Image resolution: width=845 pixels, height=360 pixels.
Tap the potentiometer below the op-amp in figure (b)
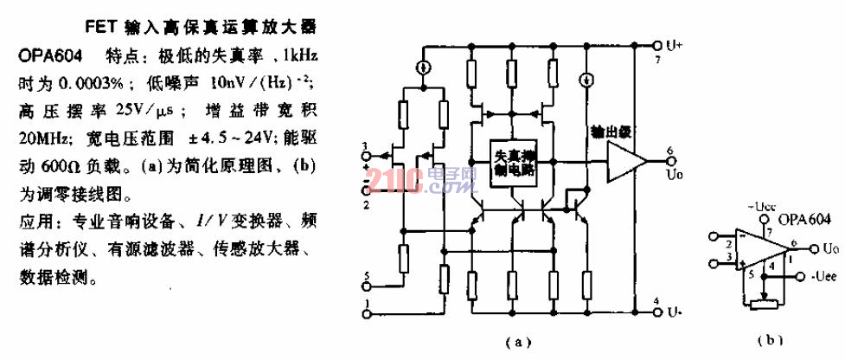762,302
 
